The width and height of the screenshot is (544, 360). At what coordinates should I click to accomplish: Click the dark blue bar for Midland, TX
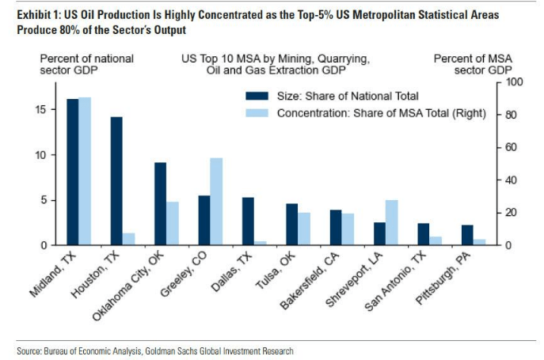[72, 172]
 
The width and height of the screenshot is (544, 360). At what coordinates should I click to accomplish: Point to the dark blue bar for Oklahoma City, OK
[160, 203]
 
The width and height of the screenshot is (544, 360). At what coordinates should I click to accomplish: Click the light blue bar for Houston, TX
[128, 239]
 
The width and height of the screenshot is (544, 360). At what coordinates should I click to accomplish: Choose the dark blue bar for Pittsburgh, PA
[467, 235]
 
